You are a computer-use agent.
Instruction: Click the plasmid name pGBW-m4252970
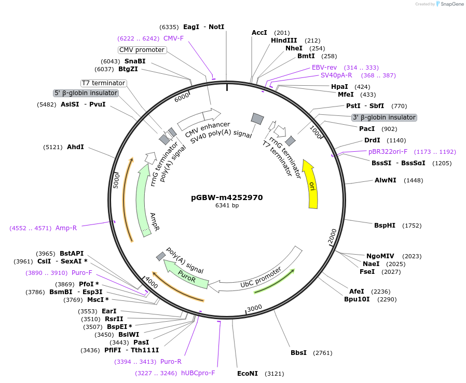click(x=227, y=197)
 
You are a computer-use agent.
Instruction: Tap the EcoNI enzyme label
click(x=247, y=373)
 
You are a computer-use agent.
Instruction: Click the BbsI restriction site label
click(x=298, y=353)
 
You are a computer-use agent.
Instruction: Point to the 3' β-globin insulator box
click(x=384, y=117)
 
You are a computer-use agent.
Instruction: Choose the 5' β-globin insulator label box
click(x=86, y=93)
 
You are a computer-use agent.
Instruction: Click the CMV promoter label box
click(x=142, y=50)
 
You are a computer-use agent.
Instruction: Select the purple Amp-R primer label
click(x=66, y=228)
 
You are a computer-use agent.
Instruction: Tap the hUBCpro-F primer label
click(x=198, y=373)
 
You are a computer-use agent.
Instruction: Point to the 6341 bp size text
click(x=227, y=206)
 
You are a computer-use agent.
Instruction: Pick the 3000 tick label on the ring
click(x=254, y=308)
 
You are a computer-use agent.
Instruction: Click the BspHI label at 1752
click(x=385, y=225)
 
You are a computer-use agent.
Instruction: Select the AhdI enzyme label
click(x=75, y=147)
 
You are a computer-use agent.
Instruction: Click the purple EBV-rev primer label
click(x=324, y=68)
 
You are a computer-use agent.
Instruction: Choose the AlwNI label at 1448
click(x=385, y=180)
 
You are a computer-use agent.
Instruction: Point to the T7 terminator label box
click(x=104, y=83)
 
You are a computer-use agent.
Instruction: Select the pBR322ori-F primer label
click(x=388, y=152)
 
